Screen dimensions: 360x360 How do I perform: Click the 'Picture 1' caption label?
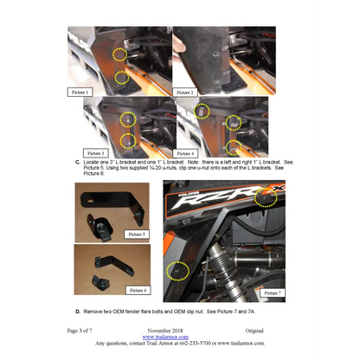coord(80,90)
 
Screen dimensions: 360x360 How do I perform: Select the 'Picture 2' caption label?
coord(187,91)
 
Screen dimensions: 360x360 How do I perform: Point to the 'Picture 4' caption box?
coord(190,152)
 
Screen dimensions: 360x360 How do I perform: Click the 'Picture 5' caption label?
coord(137,234)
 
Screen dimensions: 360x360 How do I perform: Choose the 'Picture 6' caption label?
coord(137,290)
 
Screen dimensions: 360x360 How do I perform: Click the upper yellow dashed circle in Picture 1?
coord(120,55)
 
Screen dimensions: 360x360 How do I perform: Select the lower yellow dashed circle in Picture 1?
coord(122,78)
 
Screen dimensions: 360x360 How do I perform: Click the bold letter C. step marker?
coord(78,162)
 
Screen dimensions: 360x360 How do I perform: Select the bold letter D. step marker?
coord(78,311)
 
